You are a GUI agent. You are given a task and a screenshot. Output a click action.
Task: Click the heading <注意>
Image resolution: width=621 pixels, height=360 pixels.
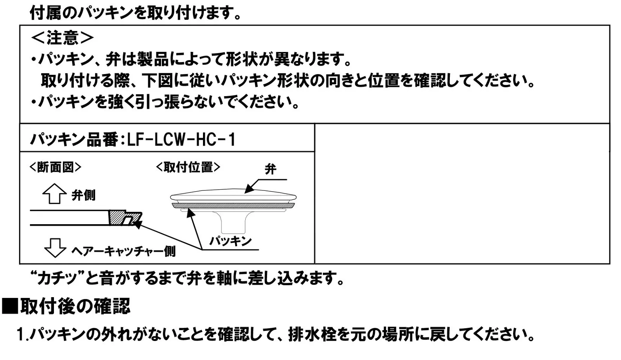pyautogui.click(x=62, y=38)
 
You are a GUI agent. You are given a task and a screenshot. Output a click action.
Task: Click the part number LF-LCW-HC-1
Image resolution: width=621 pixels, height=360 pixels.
pyautogui.click(x=181, y=139)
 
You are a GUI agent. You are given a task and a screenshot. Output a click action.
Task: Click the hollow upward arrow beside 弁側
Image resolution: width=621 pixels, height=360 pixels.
pyautogui.click(x=54, y=194)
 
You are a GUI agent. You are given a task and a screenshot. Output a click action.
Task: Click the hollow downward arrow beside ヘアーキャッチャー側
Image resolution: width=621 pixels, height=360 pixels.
pyautogui.click(x=55, y=247)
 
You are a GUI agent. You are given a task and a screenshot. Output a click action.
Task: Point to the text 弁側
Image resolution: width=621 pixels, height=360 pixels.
pyautogui.click(x=83, y=195)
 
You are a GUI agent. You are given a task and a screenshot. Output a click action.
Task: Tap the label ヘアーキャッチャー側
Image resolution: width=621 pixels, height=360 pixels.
pyautogui.click(x=123, y=251)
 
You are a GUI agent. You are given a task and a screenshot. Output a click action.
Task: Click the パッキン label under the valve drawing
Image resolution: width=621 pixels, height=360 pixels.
pyautogui.click(x=230, y=241)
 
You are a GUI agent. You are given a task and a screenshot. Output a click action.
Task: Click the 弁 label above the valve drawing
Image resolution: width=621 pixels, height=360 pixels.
pyautogui.click(x=270, y=169)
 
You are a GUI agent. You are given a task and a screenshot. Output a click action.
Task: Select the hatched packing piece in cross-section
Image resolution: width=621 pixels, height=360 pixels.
pyautogui.click(x=116, y=218)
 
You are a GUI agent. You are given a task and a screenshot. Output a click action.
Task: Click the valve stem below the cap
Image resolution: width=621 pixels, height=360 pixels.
pyautogui.click(x=232, y=223)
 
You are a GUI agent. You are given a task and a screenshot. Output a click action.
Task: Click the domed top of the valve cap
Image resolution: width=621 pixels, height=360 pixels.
pyautogui.click(x=233, y=193)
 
